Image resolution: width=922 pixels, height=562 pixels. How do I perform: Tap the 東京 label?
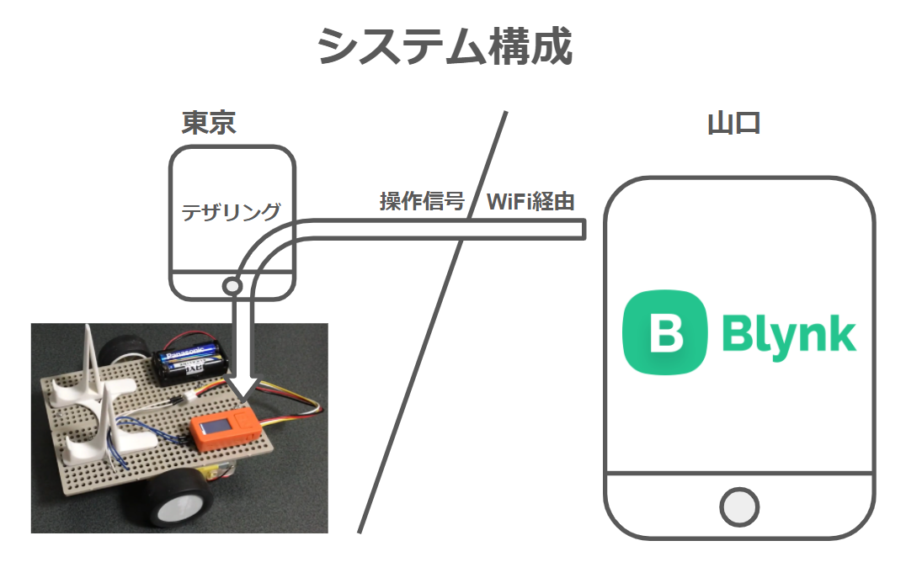(x=208, y=123)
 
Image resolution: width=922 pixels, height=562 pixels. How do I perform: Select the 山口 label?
(x=733, y=123)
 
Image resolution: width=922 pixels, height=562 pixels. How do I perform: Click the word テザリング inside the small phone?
(x=232, y=211)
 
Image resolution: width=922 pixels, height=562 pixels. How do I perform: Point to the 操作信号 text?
(x=422, y=201)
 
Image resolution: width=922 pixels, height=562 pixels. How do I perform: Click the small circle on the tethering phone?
(x=232, y=287)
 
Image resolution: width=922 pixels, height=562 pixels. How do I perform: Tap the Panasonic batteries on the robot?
(x=194, y=357)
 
